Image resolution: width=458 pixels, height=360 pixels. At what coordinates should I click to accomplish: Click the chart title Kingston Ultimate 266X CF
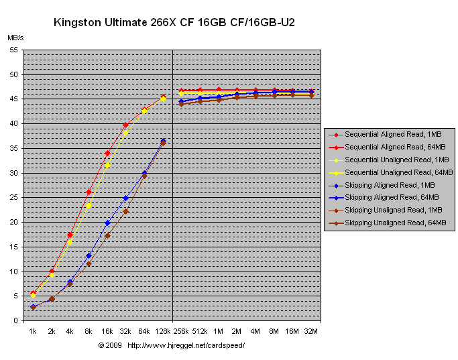tap(174, 23)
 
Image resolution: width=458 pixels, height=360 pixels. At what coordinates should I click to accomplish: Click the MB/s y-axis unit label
tap(15, 39)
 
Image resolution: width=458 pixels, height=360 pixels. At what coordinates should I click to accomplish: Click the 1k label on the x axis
tap(33, 331)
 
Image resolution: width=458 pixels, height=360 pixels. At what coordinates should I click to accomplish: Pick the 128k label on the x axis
tap(163, 331)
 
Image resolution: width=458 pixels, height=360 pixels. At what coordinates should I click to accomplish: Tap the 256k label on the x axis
tap(181, 331)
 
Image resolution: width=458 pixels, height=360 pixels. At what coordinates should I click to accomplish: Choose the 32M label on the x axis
tap(311, 331)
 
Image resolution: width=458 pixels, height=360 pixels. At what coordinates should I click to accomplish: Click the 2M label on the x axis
tap(237, 331)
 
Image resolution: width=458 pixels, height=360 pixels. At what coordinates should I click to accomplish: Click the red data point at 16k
tap(107, 153)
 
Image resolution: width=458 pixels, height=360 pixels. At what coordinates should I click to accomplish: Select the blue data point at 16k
tap(107, 223)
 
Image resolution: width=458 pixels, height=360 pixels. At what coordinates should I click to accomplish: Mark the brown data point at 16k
tap(107, 235)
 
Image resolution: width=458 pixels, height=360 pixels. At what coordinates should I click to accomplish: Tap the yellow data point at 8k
tap(89, 205)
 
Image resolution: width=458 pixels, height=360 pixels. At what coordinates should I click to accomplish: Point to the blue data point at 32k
tap(125, 198)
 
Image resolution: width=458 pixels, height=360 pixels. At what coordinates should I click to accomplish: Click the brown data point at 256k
tap(181, 104)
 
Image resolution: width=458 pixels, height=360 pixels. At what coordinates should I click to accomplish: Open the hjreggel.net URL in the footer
tap(186, 345)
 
